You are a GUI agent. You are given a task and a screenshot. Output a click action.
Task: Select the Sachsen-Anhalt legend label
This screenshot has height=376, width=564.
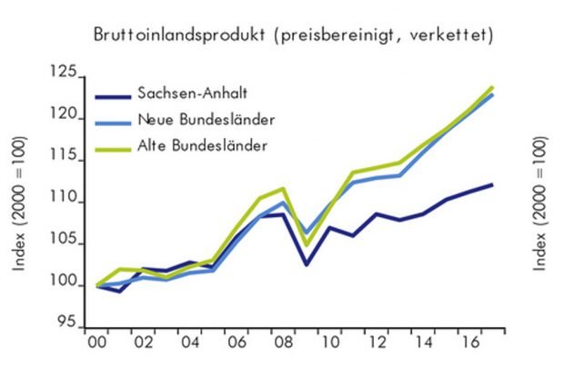click(x=187, y=94)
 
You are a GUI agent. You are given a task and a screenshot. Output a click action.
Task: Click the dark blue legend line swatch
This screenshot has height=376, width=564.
click(x=112, y=94)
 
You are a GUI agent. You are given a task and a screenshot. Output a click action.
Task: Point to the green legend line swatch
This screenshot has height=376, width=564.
click(x=112, y=145)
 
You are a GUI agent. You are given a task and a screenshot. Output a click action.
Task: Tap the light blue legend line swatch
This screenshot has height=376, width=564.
click(x=112, y=120)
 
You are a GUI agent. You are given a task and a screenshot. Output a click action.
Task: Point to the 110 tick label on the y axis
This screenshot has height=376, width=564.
click(x=63, y=202)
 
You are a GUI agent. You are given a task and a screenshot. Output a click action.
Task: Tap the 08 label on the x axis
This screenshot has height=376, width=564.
click(x=283, y=346)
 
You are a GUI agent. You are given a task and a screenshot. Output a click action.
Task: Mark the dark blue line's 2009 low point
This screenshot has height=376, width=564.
click(x=307, y=264)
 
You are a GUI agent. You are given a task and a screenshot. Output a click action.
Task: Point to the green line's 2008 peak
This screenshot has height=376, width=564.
click(x=284, y=189)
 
